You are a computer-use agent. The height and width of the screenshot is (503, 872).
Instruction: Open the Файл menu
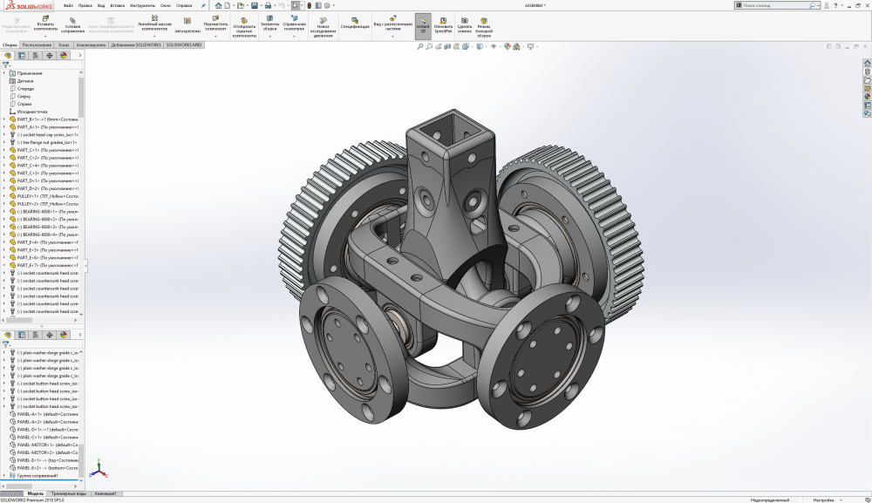pos(68,5)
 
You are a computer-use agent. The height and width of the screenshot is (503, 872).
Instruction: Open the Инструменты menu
pos(130,5)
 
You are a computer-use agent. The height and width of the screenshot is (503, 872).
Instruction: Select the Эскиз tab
pos(65,44)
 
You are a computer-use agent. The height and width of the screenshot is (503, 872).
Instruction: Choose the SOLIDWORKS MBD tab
pos(184,44)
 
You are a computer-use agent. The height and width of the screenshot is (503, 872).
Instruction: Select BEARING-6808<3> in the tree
pos(48,227)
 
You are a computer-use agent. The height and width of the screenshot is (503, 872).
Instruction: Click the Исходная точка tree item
pos(32,112)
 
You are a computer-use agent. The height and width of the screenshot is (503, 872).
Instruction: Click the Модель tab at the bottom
pos(36,493)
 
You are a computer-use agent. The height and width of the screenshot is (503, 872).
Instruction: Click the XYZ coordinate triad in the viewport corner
pos(99,469)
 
